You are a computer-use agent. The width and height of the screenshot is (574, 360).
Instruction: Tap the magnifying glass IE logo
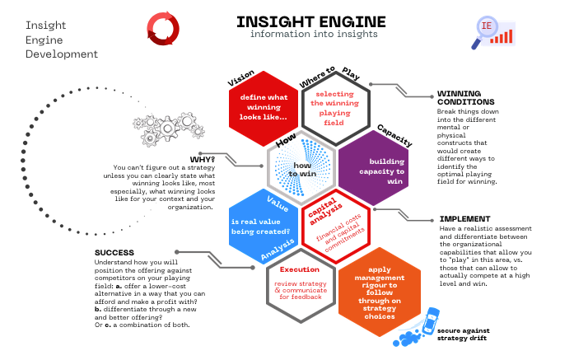[493, 33]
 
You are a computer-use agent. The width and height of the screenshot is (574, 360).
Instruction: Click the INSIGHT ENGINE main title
[310, 22]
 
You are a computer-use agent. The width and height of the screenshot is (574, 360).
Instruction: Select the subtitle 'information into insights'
[314, 34]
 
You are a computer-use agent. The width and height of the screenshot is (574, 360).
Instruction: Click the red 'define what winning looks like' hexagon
[264, 107]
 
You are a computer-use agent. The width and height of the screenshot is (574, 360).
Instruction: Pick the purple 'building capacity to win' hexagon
[373, 169]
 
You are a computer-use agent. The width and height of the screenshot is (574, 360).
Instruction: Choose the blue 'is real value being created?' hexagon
[264, 227]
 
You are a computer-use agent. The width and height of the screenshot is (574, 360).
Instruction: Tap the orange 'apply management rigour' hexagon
[380, 292]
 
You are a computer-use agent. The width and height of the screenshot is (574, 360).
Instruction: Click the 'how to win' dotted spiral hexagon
[301, 167]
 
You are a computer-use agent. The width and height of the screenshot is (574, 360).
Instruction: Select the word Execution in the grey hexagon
[300, 269]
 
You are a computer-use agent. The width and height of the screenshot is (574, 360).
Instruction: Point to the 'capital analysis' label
[325, 212]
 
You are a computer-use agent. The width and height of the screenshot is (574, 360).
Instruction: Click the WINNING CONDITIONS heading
[465, 98]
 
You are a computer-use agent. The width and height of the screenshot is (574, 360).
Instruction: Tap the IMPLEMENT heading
[465, 219]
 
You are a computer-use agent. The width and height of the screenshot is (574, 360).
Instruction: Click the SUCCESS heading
[114, 253]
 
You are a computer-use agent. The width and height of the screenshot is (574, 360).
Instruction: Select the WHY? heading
[203, 160]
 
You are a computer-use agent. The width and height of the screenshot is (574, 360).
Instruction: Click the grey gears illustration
[169, 129]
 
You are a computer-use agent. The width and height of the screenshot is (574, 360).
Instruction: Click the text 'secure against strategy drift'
[463, 334]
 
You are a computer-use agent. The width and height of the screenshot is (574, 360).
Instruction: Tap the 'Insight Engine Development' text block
[62, 40]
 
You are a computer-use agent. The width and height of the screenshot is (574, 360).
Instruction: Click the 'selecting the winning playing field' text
[334, 109]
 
